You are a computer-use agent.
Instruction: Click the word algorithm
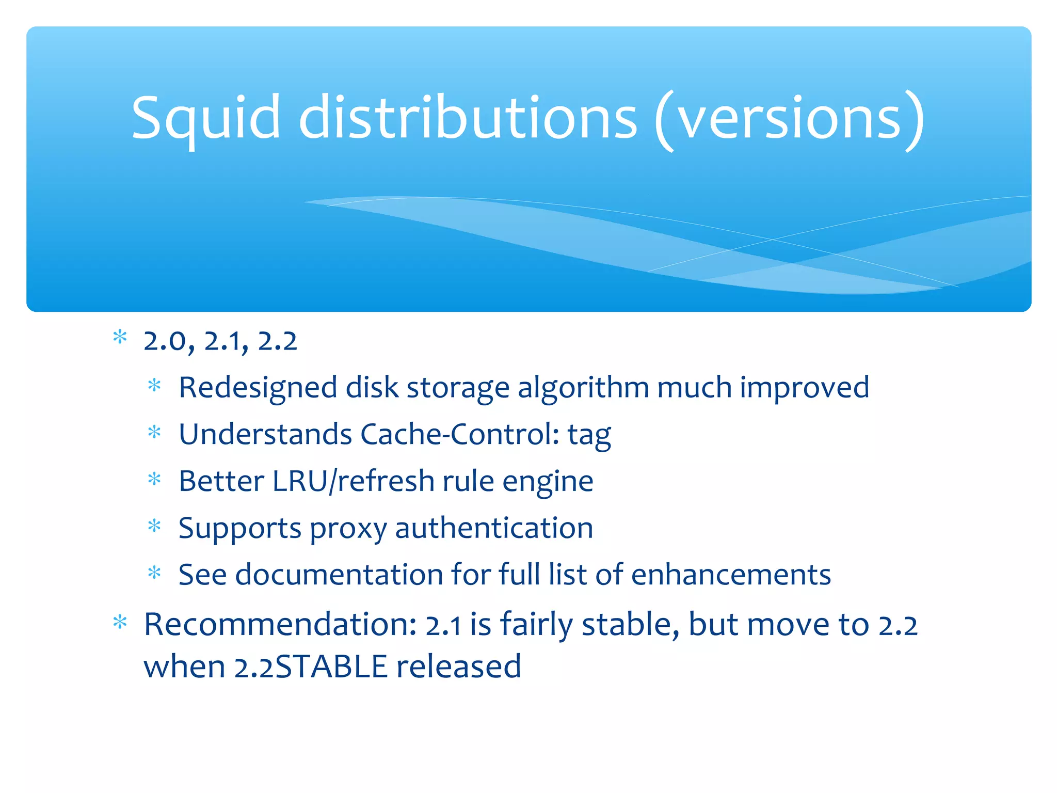coord(583,387)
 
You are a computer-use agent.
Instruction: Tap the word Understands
coord(265,434)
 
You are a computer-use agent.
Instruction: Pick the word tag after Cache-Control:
coord(589,435)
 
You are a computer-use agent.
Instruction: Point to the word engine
coord(548,482)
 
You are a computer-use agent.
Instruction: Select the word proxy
coord(348,529)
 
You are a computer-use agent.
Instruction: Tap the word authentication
coord(494,528)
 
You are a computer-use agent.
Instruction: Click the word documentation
coord(339,575)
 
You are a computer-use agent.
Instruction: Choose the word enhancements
coord(731,575)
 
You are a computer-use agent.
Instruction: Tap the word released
coord(459,667)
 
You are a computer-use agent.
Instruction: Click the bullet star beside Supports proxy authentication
coord(154,526)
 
